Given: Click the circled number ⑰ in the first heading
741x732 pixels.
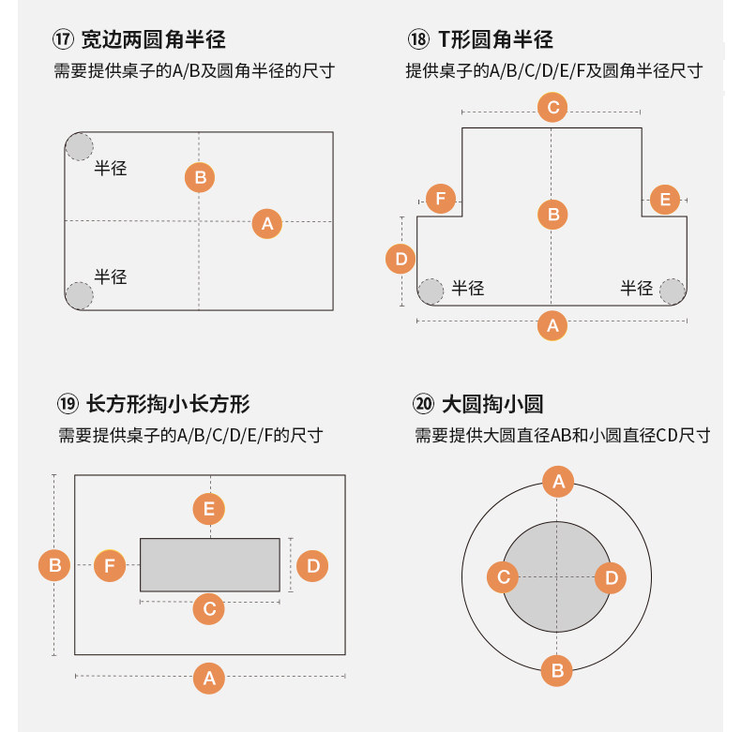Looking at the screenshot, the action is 64,40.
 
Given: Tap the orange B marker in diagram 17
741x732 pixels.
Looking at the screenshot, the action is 200,176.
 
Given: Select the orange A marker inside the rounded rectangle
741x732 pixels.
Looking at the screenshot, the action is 267,223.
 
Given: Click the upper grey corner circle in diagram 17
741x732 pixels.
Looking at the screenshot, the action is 80,146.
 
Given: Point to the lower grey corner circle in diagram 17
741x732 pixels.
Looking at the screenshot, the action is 80,295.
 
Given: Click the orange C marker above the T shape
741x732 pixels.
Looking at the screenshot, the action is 552,107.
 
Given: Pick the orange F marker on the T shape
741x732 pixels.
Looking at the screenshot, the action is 441,199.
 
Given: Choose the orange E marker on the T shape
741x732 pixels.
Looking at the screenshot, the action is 664,200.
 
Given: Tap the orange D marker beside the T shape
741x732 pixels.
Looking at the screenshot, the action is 401,258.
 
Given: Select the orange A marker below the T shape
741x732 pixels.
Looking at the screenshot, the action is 552,325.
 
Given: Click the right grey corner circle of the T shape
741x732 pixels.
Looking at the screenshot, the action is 672,291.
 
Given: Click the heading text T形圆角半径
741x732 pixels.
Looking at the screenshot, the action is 495,40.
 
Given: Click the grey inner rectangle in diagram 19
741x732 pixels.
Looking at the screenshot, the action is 210,564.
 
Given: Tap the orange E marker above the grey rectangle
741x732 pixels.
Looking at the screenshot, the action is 208,509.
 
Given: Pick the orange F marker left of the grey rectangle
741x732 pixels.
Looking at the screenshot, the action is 110,565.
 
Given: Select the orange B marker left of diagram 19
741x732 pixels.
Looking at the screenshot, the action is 54,565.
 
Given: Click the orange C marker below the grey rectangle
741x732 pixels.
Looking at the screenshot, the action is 208,609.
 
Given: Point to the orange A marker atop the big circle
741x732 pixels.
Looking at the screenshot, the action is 558,482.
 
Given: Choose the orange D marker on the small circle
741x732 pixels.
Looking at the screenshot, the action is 611,577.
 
